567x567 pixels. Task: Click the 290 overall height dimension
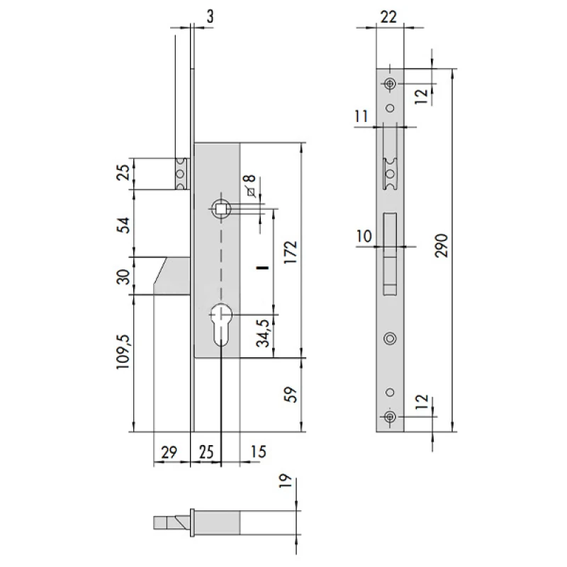(442, 245)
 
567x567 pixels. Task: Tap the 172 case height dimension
(291, 252)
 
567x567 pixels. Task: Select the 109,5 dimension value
(123, 352)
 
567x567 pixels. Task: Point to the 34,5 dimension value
(263, 333)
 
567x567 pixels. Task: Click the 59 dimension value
(291, 395)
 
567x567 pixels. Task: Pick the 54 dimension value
(123, 225)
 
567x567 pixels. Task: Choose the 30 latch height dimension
(123, 276)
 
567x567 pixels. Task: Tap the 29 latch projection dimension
(169, 452)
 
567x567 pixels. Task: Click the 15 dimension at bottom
(258, 451)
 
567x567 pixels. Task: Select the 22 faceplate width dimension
(388, 17)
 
